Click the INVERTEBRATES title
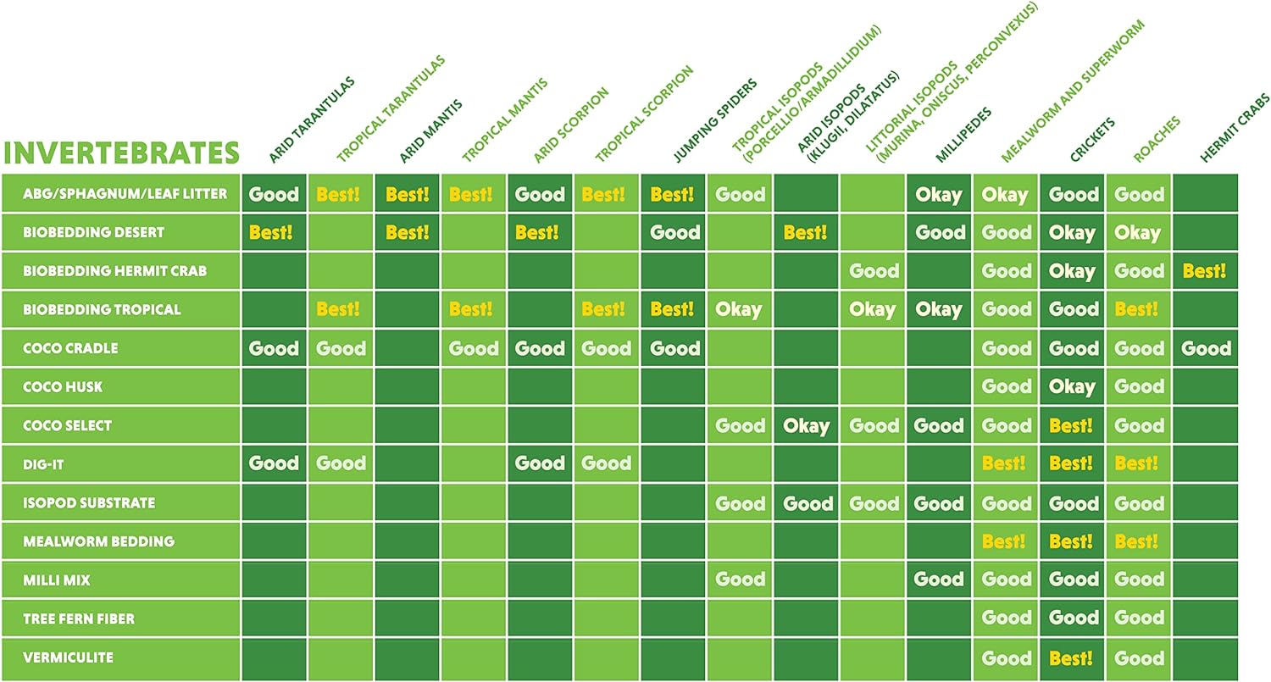tap(122, 152)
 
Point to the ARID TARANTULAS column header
tap(311, 120)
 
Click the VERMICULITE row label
tap(68, 657)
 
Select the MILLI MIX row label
tap(57, 580)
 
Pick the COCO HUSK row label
tap(63, 387)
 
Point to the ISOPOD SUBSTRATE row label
tap(89, 503)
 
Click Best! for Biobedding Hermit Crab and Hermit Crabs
tap(1205, 271)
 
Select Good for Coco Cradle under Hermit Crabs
tap(1205, 348)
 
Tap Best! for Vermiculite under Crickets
tap(1071, 657)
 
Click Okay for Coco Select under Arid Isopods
tap(806, 425)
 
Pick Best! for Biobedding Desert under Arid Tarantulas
tap(271, 232)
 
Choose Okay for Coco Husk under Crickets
tap(1072, 387)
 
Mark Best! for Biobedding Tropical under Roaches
tap(1137, 309)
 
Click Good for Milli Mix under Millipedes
tap(939, 580)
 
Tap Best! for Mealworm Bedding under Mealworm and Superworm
tap(1004, 541)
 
